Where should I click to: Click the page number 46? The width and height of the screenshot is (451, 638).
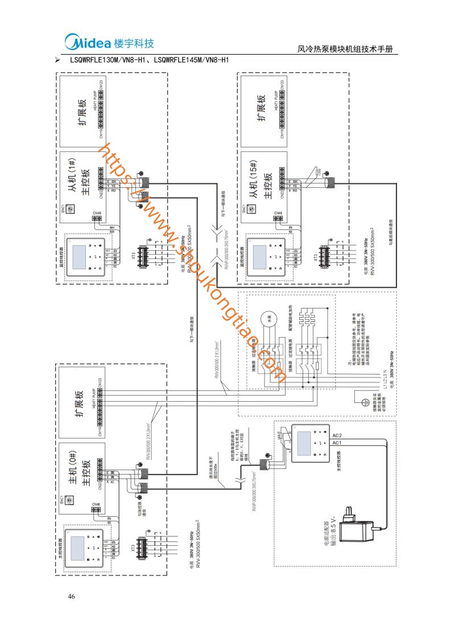(x=71, y=596)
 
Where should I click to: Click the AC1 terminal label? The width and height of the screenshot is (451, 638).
(x=336, y=442)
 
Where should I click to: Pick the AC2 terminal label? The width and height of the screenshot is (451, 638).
(x=336, y=434)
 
